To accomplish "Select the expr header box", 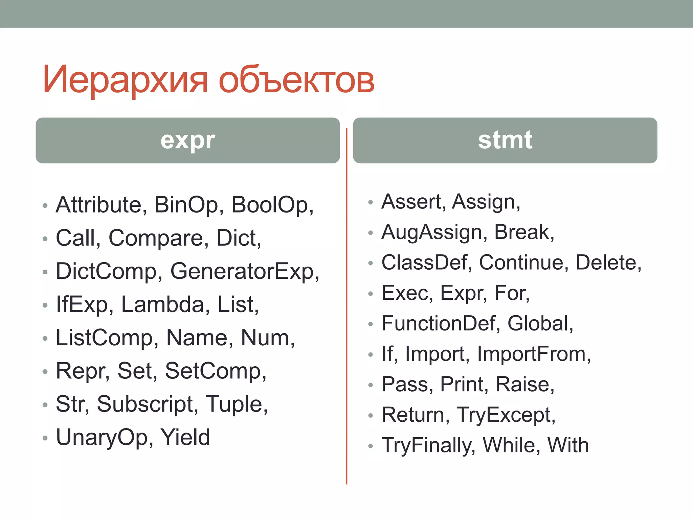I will pyautogui.click(x=187, y=140).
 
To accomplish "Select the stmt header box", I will pyautogui.click(x=505, y=140).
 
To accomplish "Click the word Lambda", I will pyautogui.click(x=162, y=304).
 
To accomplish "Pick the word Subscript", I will pyautogui.click(x=145, y=404).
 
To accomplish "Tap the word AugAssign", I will pyautogui.click(x=431, y=232).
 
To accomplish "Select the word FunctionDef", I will pyautogui.click(x=438, y=323).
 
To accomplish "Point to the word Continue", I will pyautogui.click(x=521, y=263).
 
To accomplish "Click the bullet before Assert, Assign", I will pyautogui.click(x=371, y=203).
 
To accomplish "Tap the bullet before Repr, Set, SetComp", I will pyautogui.click(x=45, y=372).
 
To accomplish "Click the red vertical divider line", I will pyautogui.click(x=346, y=304).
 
